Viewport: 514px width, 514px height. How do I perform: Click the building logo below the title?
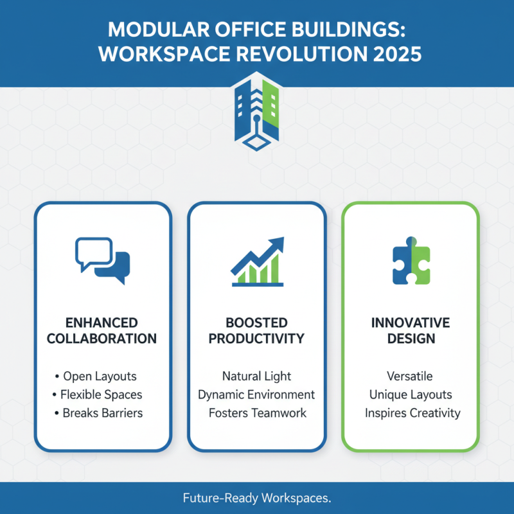257,112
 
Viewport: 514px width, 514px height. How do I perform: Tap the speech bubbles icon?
103,259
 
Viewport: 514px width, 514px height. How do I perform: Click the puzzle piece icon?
411,263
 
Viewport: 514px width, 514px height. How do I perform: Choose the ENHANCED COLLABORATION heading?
103,330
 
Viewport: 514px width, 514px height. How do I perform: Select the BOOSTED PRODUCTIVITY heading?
257,330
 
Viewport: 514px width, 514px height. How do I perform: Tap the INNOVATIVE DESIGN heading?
411,330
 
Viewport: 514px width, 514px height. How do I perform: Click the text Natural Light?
256,377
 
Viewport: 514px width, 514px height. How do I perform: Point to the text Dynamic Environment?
256,394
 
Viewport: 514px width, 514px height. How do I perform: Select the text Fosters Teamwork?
257,413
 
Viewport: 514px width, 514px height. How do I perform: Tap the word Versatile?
410,377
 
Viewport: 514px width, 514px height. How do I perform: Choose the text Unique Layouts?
411,394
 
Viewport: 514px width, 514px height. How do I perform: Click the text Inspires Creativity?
412,413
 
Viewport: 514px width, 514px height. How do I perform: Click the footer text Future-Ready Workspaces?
257,498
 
